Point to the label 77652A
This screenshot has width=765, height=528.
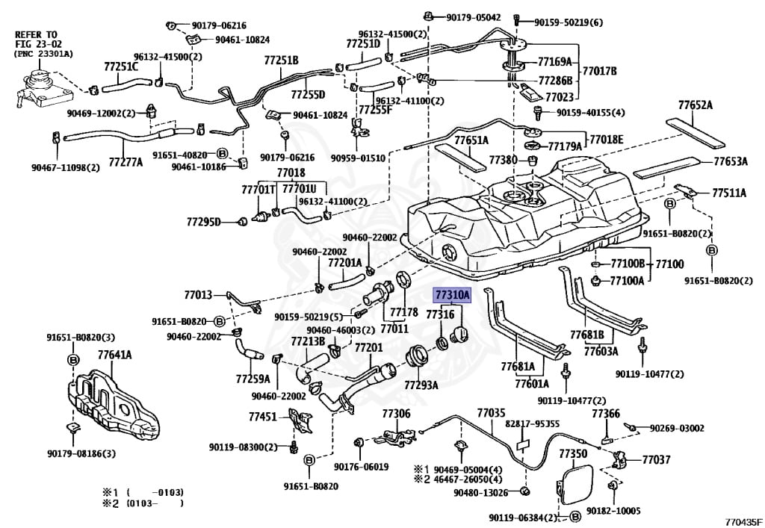pyautogui.click(x=695, y=105)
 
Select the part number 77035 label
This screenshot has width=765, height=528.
pyautogui.click(x=491, y=412)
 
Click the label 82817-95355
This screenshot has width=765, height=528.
pyautogui.click(x=532, y=423)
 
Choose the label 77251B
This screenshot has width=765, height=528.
pyautogui.click(x=281, y=60)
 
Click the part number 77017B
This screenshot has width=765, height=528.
pyautogui.click(x=601, y=72)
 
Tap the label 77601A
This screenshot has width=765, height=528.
pyautogui.click(x=531, y=384)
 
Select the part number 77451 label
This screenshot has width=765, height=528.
pyautogui.click(x=263, y=417)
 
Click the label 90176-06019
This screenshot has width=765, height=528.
pyautogui.click(x=361, y=466)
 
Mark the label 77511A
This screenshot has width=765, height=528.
pyautogui.click(x=728, y=193)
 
